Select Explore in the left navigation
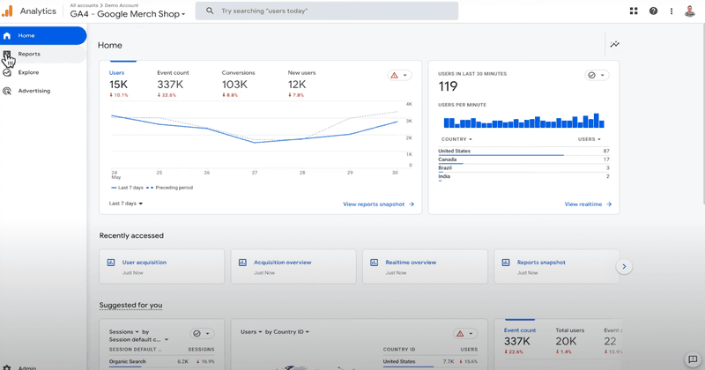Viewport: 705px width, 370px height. pos(28,72)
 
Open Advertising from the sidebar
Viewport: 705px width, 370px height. pos(33,91)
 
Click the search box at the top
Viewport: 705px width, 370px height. pos(326,11)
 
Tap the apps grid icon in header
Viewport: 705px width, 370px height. pos(634,11)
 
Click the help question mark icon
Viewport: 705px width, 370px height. pos(653,11)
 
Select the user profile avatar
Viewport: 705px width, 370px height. pos(690,11)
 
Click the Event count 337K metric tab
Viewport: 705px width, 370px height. pos(173,84)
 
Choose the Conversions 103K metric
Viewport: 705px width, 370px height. pos(237,84)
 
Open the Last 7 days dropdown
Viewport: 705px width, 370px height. pos(126,203)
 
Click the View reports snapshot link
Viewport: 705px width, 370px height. pos(378,204)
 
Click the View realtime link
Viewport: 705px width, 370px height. pos(587,204)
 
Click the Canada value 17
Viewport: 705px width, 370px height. pos(606,159)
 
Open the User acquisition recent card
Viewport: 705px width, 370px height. pos(144,263)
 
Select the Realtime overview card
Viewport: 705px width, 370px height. pos(411,263)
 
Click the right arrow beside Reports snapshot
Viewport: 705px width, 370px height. pos(624,266)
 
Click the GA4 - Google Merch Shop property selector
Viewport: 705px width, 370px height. pos(128,14)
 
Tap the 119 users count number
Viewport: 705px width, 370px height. pos(449,86)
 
